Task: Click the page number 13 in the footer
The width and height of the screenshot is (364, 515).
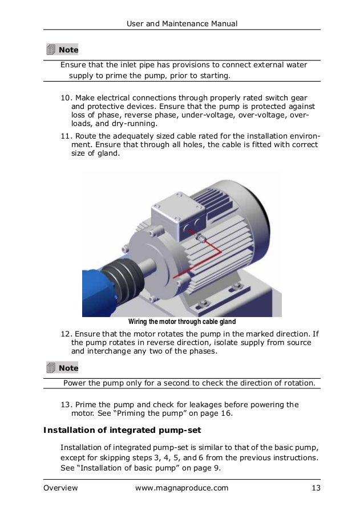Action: click(315, 488)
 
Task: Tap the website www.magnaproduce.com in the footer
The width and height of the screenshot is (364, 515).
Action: click(181, 488)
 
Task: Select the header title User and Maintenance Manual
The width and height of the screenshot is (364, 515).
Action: click(181, 23)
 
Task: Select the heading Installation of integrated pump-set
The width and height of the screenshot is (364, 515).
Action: click(123, 429)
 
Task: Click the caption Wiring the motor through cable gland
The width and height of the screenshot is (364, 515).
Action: click(181, 322)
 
